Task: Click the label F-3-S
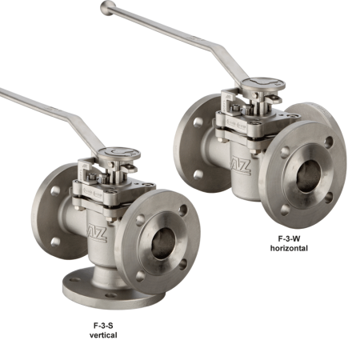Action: pos(103,326)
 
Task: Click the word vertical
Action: pos(103,335)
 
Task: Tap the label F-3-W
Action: pos(289,238)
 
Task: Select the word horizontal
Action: pos(289,248)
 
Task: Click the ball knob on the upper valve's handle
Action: pos(108,8)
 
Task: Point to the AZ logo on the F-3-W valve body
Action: pos(241,166)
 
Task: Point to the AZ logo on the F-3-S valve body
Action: pos(98,233)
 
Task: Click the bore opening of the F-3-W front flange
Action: pos(309,176)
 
